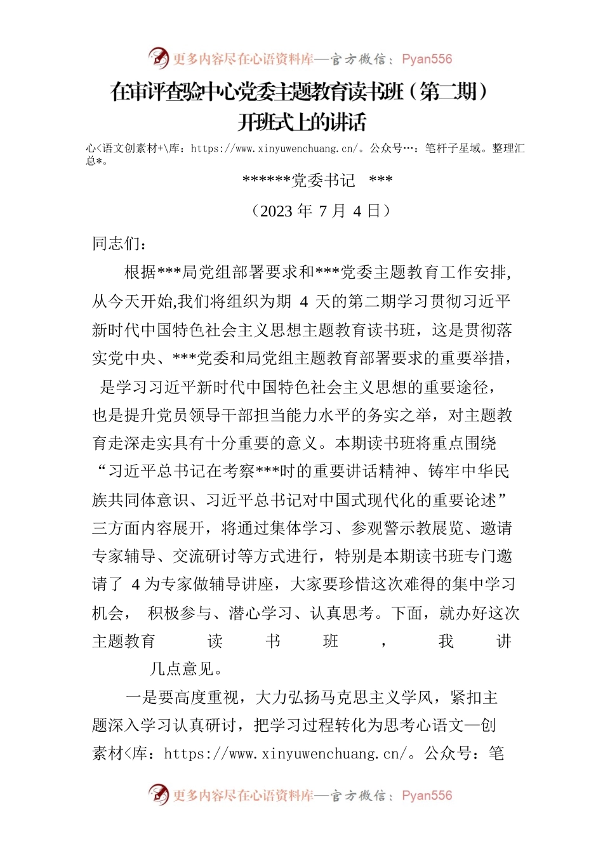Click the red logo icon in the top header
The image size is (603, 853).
[159, 58]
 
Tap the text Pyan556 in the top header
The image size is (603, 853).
[427, 59]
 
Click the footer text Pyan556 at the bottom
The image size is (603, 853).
[427, 795]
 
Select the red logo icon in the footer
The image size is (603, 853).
[159, 795]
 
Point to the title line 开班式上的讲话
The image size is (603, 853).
[301, 122]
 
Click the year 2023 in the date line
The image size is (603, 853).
[276, 211]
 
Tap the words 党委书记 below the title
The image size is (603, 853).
[323, 181]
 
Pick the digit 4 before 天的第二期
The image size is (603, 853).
[303, 301]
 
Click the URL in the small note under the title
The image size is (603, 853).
[277, 149]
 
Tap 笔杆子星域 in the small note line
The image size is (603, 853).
[453, 149]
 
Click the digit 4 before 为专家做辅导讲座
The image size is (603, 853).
[136, 585]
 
